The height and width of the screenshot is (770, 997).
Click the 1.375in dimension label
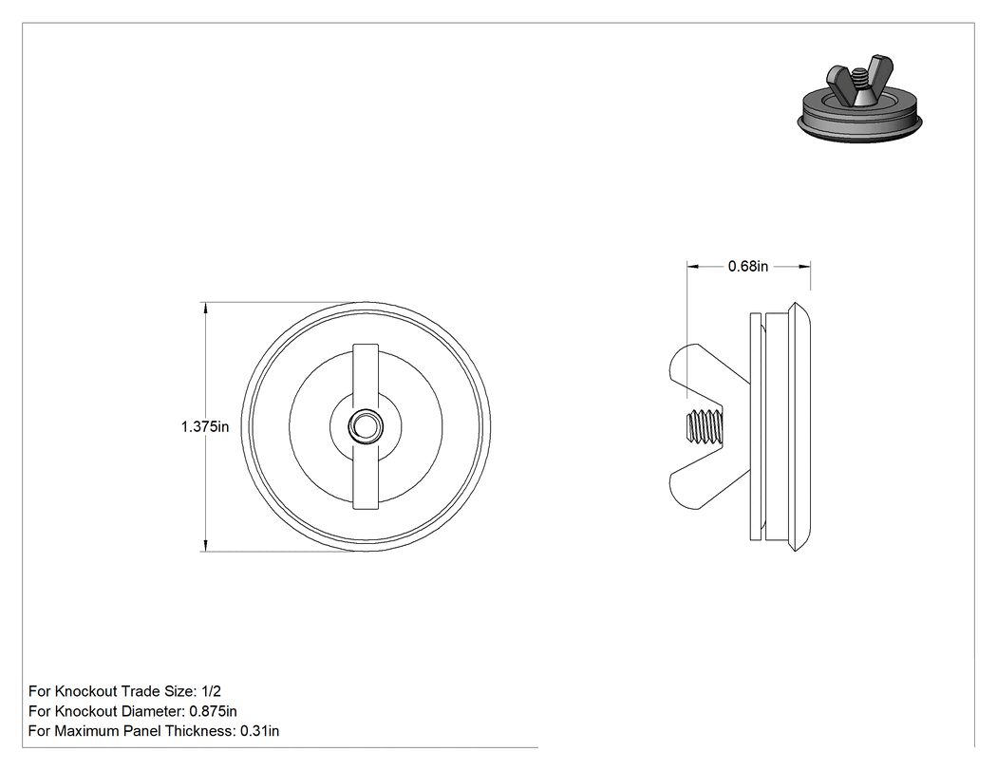click(x=205, y=426)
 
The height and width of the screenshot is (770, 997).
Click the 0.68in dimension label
click(x=748, y=267)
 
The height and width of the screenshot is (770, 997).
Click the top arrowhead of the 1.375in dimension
click(x=205, y=309)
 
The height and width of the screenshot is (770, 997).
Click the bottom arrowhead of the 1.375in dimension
click(x=205, y=546)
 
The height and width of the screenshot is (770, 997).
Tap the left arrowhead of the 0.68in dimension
click(x=693, y=267)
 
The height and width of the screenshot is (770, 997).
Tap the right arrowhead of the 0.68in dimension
click(x=804, y=267)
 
